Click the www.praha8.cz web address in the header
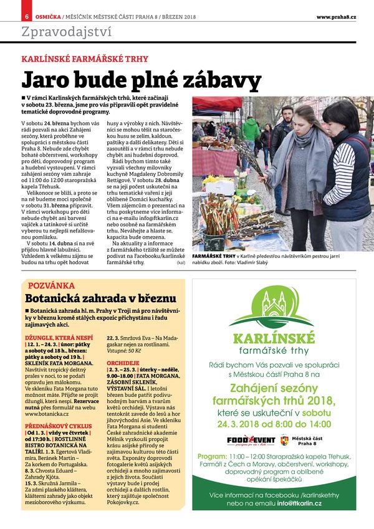click(336, 16)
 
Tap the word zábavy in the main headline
click(208, 81)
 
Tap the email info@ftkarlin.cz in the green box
click(300, 503)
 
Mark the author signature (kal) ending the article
click(181, 264)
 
